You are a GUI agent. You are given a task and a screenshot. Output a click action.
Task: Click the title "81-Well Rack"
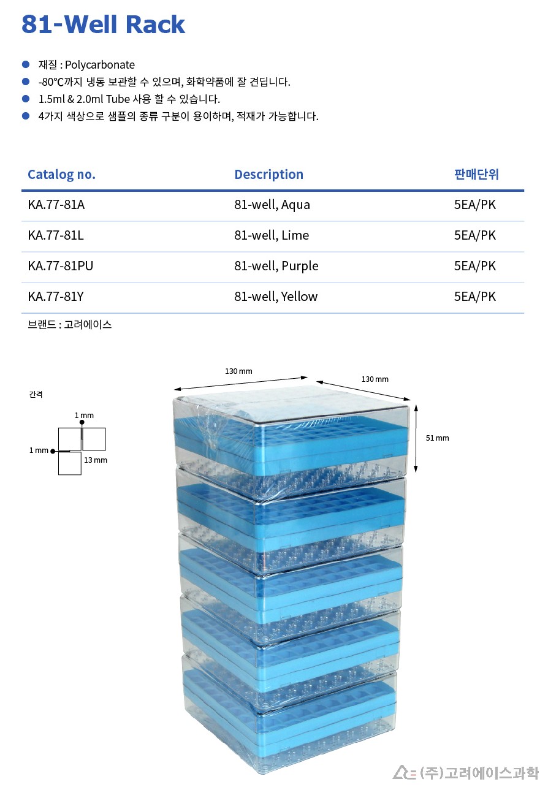point(103,24)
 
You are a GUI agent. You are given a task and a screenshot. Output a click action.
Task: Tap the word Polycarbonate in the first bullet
point(100,65)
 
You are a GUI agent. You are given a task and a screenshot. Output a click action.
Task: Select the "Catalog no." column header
point(61,175)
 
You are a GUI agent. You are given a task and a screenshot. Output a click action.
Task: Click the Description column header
point(268,175)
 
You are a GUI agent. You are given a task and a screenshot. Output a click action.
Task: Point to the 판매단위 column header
point(476,175)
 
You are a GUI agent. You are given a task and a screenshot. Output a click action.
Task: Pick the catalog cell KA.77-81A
point(56,205)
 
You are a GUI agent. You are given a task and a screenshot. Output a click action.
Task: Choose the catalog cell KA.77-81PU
point(60,266)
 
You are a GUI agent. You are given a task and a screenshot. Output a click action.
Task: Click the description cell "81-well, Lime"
point(271,235)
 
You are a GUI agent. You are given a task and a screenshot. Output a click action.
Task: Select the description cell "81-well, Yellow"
point(275,297)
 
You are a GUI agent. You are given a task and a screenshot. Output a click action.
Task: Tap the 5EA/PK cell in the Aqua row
point(474,205)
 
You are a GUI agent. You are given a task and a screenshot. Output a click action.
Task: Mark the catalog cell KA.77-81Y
point(56,297)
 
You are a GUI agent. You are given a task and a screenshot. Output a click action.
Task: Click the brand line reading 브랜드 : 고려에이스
point(69,325)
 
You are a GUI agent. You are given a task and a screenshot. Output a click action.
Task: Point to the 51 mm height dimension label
point(438,438)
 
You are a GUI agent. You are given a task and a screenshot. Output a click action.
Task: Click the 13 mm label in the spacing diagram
point(96,460)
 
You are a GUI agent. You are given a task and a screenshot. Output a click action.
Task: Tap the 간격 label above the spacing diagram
point(36,395)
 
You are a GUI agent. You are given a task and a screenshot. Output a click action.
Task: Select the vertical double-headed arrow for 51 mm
point(416,438)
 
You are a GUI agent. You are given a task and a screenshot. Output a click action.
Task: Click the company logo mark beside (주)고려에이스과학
point(404,772)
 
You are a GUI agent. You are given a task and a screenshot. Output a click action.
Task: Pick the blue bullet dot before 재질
point(26,64)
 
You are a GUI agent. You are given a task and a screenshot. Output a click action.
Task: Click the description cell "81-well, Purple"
point(276,266)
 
